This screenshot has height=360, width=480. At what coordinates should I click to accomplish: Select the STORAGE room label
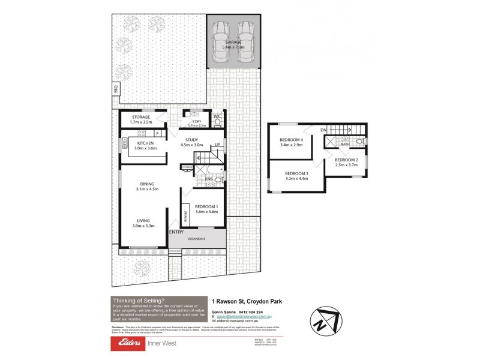[x=141, y=117]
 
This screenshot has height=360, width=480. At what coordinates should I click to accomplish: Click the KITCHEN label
[x=146, y=143]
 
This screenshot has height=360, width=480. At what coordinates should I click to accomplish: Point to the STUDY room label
[x=192, y=139]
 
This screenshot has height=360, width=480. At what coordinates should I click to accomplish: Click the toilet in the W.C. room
[x=218, y=123]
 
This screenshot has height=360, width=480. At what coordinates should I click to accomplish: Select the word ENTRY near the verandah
[x=176, y=232]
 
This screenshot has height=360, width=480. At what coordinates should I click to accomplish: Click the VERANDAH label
[x=196, y=239]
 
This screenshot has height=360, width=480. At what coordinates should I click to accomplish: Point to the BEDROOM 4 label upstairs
[x=290, y=140]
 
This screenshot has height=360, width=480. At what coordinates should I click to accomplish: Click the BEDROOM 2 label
[x=346, y=160]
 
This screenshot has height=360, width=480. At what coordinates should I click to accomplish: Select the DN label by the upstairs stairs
[x=323, y=129]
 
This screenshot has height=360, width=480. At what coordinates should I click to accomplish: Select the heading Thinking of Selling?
[x=138, y=301]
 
